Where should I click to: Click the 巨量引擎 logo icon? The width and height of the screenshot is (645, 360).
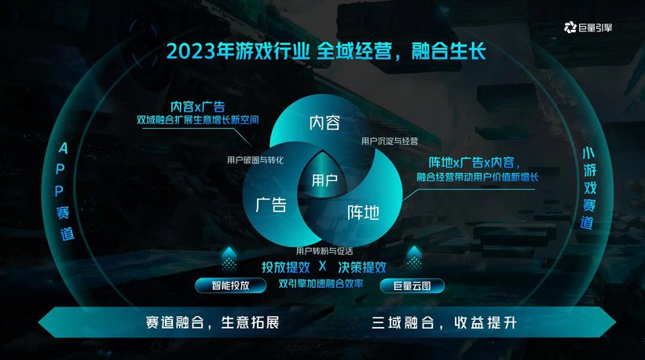tap(570, 28)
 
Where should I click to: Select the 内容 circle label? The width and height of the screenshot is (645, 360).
tap(324, 123)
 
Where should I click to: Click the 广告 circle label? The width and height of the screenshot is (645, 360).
tap(271, 205)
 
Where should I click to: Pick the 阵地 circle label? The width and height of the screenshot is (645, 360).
tap(363, 212)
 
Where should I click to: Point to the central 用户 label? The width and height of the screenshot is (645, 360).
tap(324, 180)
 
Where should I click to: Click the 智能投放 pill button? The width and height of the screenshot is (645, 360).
tap(230, 285)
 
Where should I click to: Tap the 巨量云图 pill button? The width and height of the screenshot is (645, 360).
tap(412, 285)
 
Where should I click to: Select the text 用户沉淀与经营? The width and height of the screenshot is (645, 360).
tap(390, 141)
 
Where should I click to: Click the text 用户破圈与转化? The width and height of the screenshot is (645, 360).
tap(255, 160)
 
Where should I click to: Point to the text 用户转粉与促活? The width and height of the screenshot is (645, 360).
tap(324, 251)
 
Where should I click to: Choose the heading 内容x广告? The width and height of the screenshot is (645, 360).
tap(198, 107)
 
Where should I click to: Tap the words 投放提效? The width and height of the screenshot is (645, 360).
tap(285, 267)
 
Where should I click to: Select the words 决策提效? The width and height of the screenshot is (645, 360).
tap(362, 267)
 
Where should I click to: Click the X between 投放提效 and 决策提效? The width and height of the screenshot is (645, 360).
tap(322, 266)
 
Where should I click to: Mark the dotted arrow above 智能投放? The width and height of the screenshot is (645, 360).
tap(229, 259)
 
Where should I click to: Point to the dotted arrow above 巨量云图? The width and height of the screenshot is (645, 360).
tap(414, 258)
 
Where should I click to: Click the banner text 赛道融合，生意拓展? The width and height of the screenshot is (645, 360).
tap(212, 322)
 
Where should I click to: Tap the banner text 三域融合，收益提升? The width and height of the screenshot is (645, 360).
tap(444, 322)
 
